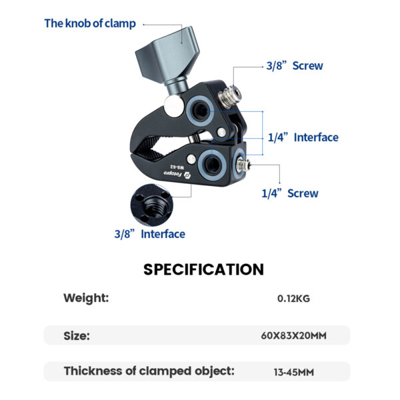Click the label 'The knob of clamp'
click(x=90, y=23)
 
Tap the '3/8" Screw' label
click(x=295, y=66)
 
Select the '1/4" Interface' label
click(x=303, y=137)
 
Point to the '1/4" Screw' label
click(x=290, y=193)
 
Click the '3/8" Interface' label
click(x=150, y=234)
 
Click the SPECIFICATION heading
click(x=203, y=269)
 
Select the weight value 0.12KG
click(x=293, y=299)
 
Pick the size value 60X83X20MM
click(x=293, y=335)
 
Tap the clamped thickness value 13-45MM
click(x=294, y=372)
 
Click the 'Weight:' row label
click(x=86, y=298)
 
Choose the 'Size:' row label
click(x=77, y=336)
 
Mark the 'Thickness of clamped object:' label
click(x=149, y=371)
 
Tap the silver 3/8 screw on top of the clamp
click(x=229, y=95)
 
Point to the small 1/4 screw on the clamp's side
click(x=243, y=165)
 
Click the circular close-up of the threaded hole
click(x=152, y=205)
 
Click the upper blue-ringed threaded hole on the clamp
click(x=200, y=111)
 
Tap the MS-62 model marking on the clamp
click(x=177, y=167)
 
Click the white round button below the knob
click(x=173, y=106)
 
